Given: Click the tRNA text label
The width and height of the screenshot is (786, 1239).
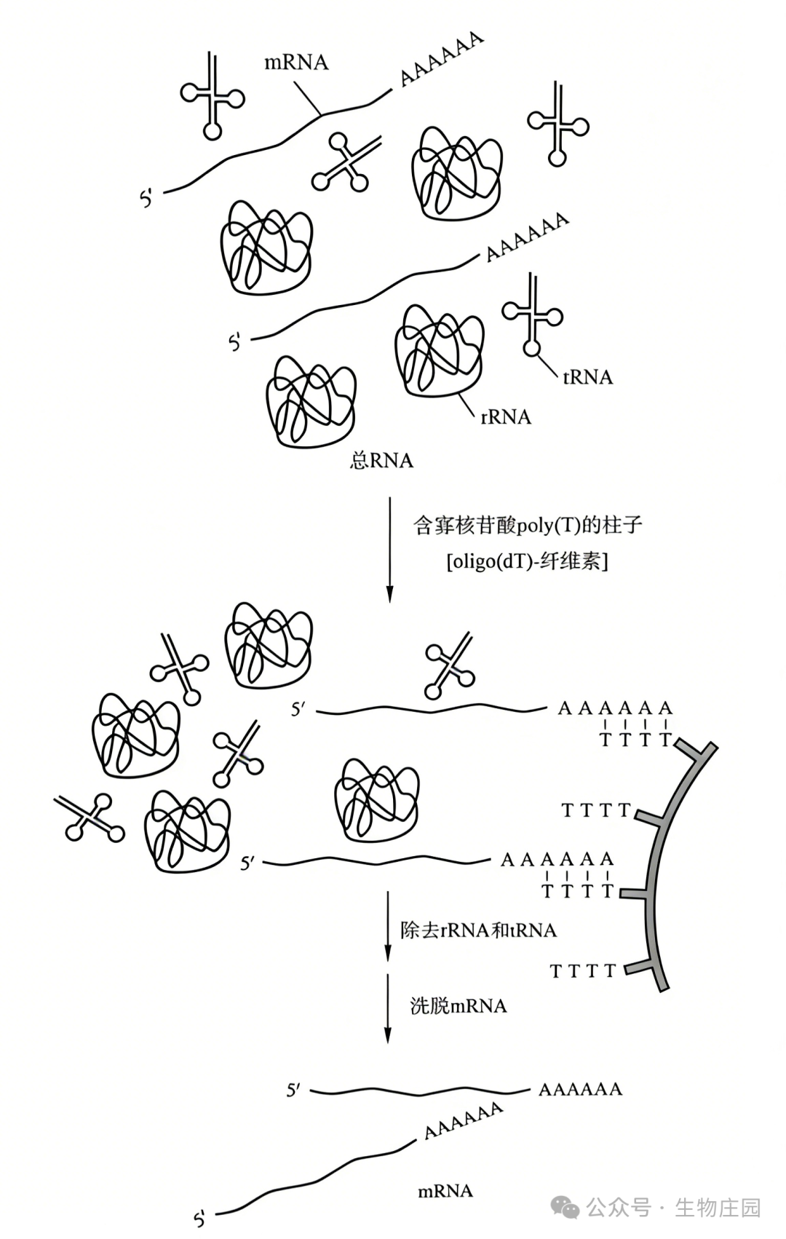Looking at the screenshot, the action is click(x=587, y=377).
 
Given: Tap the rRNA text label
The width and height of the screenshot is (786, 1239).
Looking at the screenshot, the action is click(x=506, y=417).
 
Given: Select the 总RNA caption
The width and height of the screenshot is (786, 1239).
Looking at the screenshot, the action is click(x=381, y=461).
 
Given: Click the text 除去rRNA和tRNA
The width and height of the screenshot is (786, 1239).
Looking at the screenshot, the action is click(x=478, y=930).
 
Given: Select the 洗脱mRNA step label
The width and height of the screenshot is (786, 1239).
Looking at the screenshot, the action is click(x=458, y=1006).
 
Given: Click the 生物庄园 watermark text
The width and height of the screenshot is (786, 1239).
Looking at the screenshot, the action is click(x=717, y=1208).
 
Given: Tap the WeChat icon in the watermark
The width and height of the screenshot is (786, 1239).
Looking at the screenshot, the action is click(x=565, y=1208).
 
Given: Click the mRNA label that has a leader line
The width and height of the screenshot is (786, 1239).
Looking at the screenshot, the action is click(x=296, y=63).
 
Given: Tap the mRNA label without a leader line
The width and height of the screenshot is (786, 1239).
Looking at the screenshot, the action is click(x=445, y=1192).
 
